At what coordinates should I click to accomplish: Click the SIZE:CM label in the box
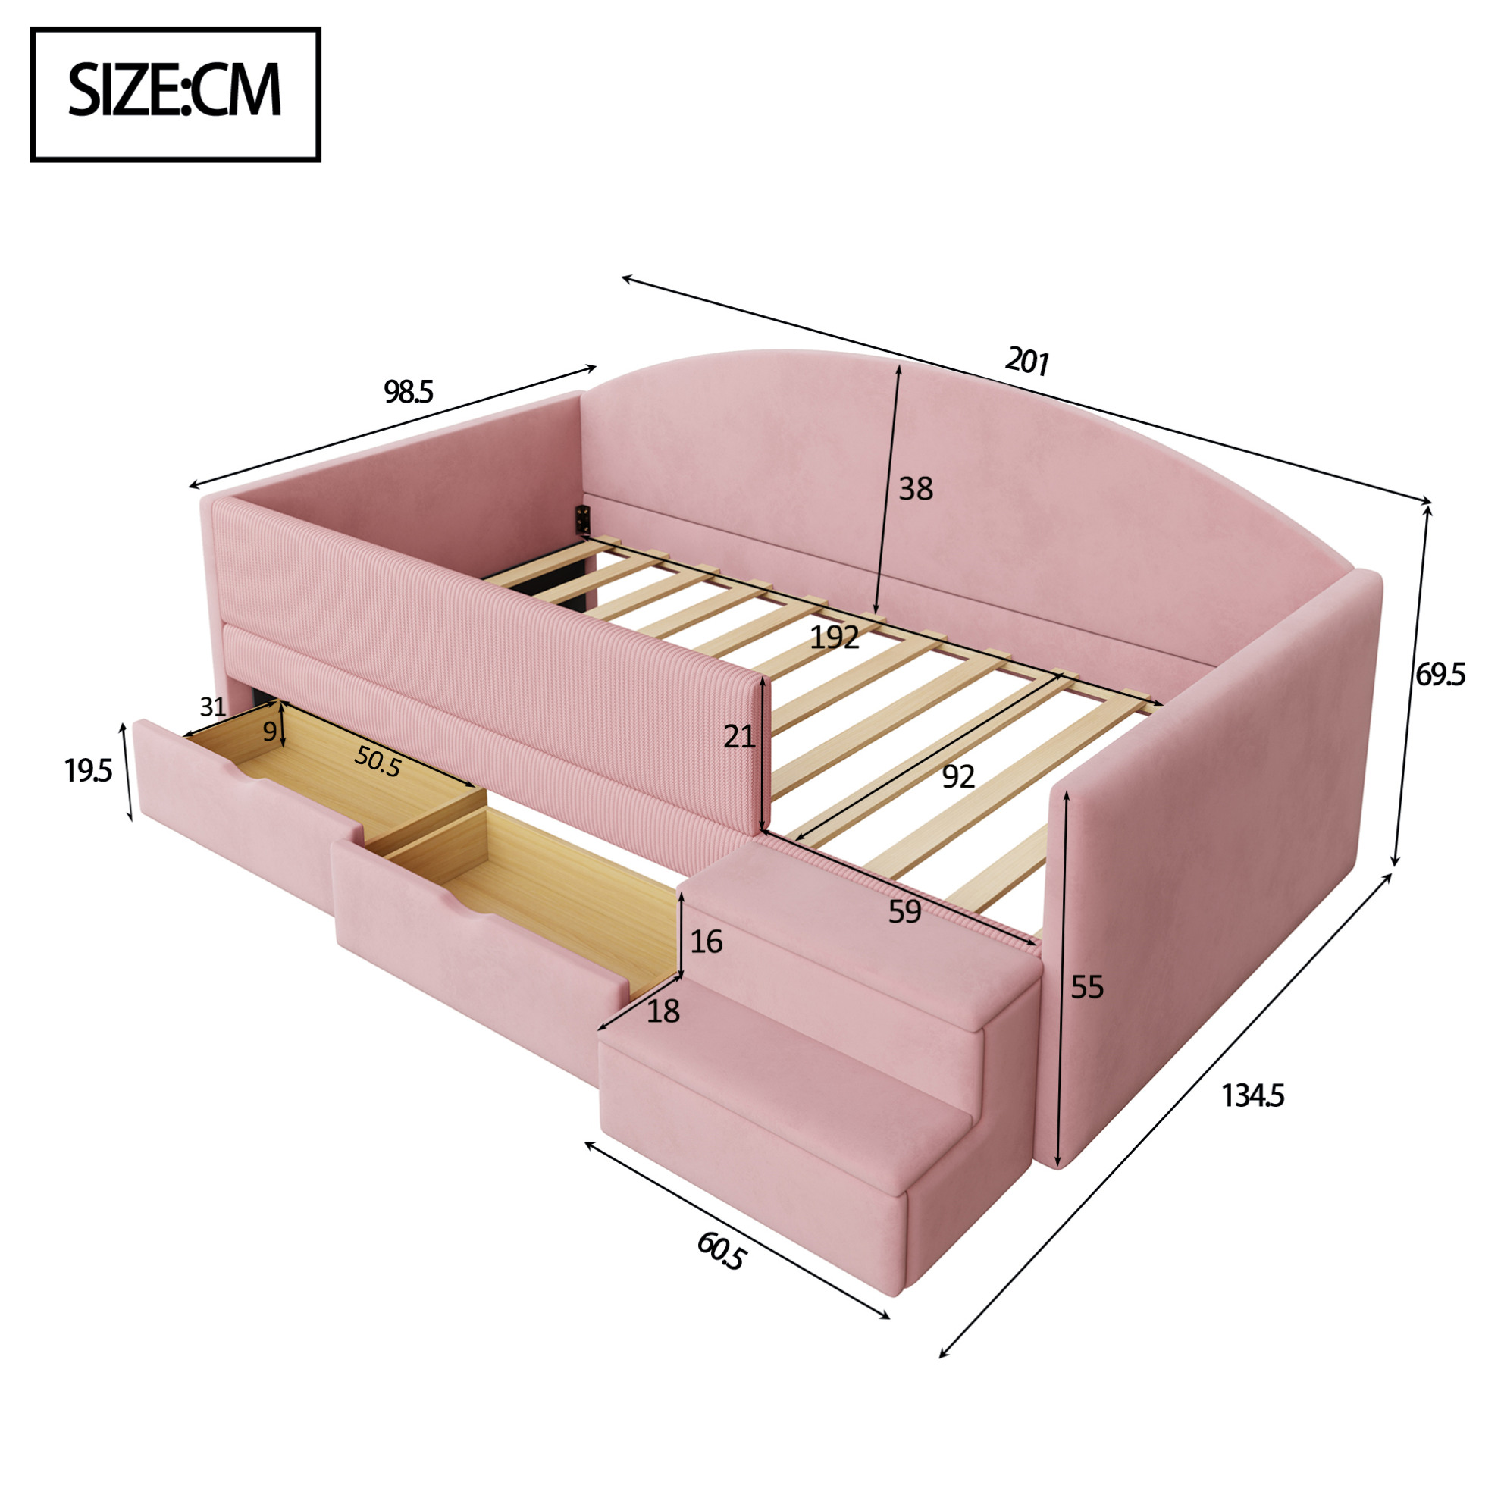(174, 91)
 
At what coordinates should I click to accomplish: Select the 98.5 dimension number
(408, 393)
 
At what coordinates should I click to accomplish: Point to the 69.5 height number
(1440, 674)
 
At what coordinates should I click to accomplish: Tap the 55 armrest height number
(1087, 987)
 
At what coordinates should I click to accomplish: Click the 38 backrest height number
(916, 489)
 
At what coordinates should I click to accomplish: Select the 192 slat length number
(835, 638)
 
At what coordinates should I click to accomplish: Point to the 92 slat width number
(958, 776)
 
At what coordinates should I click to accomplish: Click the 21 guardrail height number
(739, 735)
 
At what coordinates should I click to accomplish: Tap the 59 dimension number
(904, 911)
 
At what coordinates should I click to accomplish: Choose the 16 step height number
(706, 942)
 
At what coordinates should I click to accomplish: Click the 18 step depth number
(663, 1012)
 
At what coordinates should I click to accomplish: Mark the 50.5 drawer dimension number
(378, 760)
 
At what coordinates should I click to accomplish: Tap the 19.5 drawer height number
(88, 771)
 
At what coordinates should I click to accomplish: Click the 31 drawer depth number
(212, 707)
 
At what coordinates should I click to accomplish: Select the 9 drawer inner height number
(269, 731)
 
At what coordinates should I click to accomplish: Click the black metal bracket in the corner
(582, 519)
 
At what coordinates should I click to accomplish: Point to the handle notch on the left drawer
(257, 779)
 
